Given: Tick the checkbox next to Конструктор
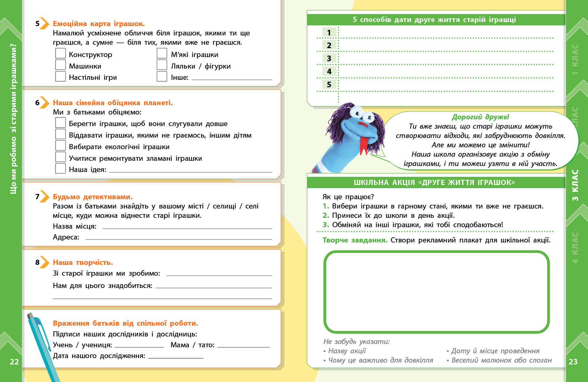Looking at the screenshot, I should coord(60,53).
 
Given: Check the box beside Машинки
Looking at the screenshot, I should coord(60,65).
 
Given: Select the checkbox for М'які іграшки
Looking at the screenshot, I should coord(162,53).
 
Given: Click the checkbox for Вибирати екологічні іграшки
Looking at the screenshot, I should coord(60,145).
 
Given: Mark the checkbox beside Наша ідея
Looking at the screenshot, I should coord(60,168).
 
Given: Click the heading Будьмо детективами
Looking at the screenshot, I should coord(93,197).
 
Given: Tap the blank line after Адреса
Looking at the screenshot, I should coord(178,238).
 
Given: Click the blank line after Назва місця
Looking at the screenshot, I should coord(187,227).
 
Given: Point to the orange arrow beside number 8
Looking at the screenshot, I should coord(45,262).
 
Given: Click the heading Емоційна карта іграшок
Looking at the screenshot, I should coord(99,24).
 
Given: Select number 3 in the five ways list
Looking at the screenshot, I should coord(329,59).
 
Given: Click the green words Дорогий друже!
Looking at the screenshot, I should coord(480,117).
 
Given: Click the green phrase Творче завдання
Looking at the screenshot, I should coord(355,240).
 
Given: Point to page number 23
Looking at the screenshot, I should coord(573,361).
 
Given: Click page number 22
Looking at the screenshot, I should coord(14,361).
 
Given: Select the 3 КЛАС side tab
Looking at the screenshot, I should coord(575,185).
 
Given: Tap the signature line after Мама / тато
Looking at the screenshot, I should coord(243,346).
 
